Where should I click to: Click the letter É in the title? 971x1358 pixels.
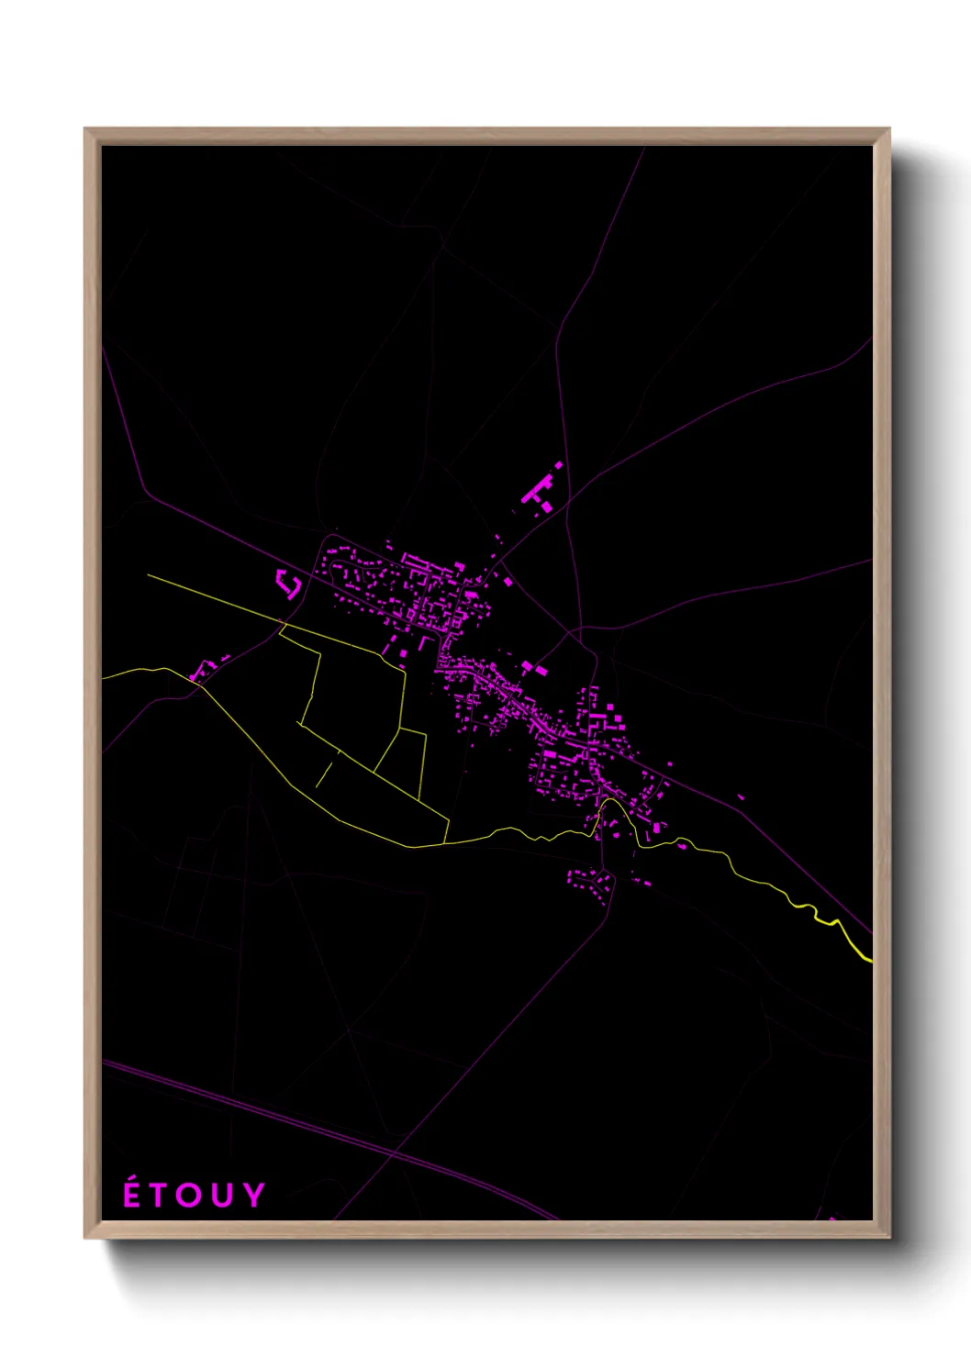coord(133,1194)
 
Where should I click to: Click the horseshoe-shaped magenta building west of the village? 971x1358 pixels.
coord(288,583)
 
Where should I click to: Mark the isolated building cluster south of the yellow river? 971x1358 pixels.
coord(589,883)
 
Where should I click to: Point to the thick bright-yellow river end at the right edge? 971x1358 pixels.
coord(866,957)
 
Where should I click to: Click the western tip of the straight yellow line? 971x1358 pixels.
coord(149,575)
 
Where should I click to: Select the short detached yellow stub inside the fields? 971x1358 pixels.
coord(324,775)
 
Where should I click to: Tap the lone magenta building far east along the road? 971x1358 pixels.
coord(741,797)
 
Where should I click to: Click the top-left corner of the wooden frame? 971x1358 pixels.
coord(85,129)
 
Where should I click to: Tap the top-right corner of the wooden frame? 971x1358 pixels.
coord(888,129)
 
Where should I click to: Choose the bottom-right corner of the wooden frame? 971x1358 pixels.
coord(888,1237)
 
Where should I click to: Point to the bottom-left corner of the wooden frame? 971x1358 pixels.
coord(85,1237)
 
